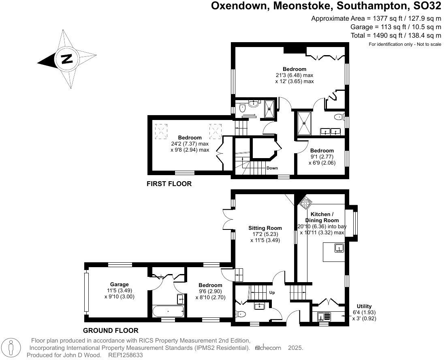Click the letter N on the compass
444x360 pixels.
[x=66, y=59]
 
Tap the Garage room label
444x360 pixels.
[x=119, y=284]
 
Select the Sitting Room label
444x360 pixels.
[x=265, y=228]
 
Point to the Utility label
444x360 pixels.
[x=364, y=306]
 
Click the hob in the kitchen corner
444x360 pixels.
[x=305, y=201]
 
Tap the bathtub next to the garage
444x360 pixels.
[x=168, y=312]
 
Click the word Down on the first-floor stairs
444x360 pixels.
[x=272, y=168]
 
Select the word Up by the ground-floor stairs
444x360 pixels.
[x=272, y=292]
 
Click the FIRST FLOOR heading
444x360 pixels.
[x=169, y=184]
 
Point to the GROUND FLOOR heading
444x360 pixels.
[x=111, y=330]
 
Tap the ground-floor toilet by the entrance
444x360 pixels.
[x=240, y=314]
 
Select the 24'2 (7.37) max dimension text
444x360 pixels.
[x=190, y=144]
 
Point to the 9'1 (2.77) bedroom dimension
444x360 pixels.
[x=322, y=156]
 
